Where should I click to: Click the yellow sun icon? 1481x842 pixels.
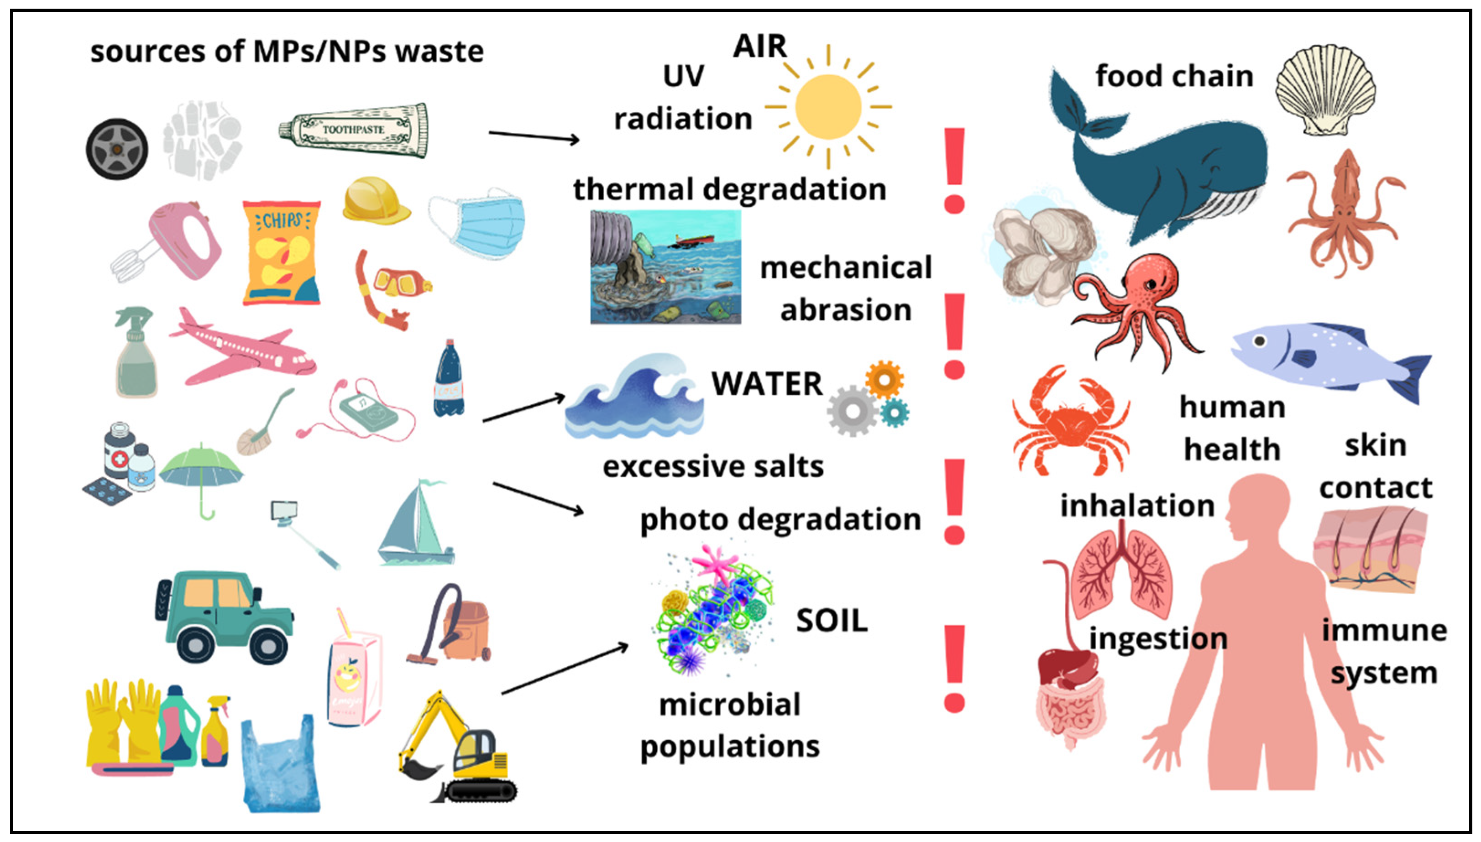point(828,107)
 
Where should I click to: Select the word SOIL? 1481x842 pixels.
point(832,621)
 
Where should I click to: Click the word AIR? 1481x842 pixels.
point(760,46)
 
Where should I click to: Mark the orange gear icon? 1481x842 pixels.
point(884,379)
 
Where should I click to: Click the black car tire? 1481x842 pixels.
point(117,149)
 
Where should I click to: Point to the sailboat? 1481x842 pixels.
point(416,526)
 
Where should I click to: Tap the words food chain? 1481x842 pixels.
point(1174,76)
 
